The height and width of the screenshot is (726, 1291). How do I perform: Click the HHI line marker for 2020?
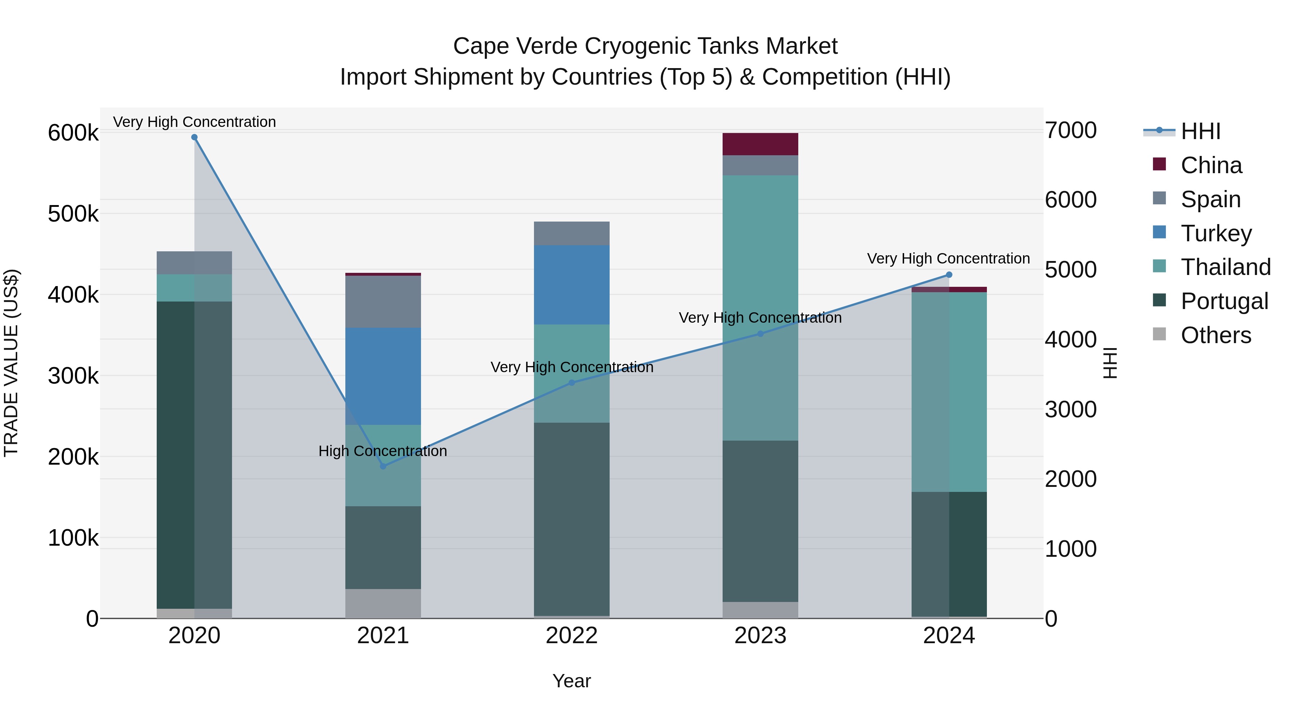pyautogui.click(x=194, y=137)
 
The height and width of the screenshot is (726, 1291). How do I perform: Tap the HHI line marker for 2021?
pyautogui.click(x=383, y=466)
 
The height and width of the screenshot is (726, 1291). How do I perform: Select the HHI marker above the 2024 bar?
pyautogui.click(x=949, y=275)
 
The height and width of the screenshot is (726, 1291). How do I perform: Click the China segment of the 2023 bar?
pyautogui.click(x=760, y=144)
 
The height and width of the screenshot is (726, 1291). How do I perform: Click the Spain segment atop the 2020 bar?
pyautogui.click(x=194, y=262)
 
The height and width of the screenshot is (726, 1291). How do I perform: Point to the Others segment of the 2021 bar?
pyautogui.click(x=383, y=603)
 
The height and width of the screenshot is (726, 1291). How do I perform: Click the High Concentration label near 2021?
pyautogui.click(x=383, y=451)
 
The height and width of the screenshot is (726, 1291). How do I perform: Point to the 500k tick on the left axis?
pyautogui.click(x=73, y=214)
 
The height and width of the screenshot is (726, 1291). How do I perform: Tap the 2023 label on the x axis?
pyautogui.click(x=760, y=636)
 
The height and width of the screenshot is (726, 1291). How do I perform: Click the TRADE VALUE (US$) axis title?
pyautogui.click(x=11, y=363)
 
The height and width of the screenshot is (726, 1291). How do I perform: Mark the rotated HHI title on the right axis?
pyautogui.click(x=1111, y=363)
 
